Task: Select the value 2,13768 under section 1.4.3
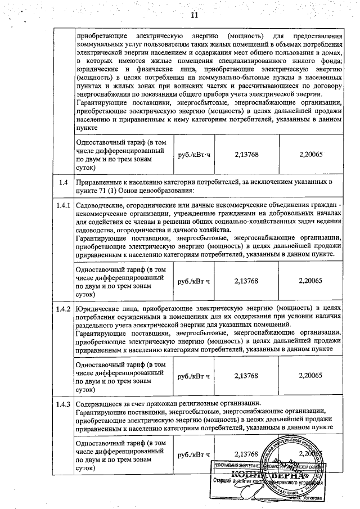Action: point(246,454)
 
